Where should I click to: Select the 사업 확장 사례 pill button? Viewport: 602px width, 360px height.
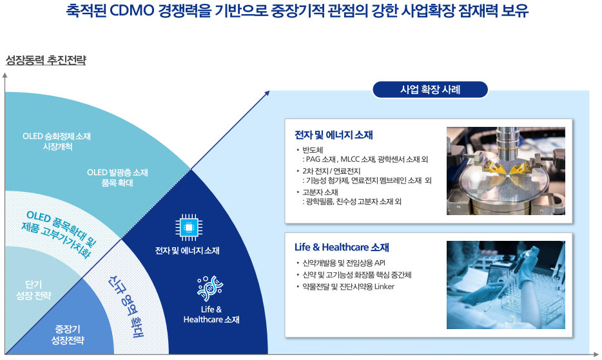431,90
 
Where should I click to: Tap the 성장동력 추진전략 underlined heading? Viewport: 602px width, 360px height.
46,61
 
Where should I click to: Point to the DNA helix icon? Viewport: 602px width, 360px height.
208,289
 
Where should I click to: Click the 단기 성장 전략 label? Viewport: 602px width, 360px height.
33,290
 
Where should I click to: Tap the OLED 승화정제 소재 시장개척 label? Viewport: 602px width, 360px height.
57,141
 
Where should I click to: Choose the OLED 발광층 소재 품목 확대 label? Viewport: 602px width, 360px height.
117,177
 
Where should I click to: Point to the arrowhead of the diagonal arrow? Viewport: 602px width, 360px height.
267,93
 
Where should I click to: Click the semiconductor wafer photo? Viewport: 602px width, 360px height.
505,171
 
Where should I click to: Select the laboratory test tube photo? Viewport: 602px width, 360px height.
505,285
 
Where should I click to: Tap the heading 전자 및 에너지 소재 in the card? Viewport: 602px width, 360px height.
333,135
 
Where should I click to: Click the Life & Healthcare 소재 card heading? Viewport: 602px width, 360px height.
342,247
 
